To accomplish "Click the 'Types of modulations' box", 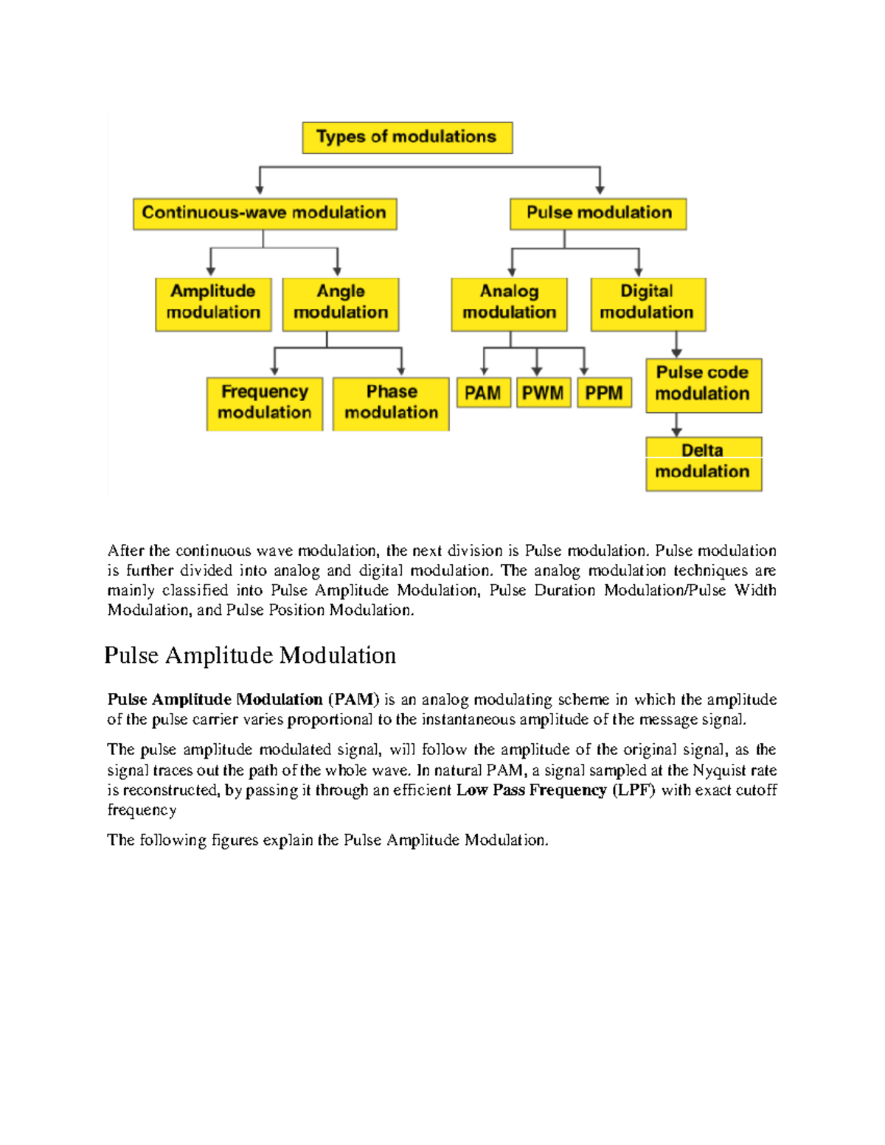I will [407, 138].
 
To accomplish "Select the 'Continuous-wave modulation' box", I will [265, 214].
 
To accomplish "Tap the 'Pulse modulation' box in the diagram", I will [598, 214].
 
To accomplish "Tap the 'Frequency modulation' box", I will [265, 403].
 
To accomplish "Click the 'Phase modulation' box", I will [391, 403].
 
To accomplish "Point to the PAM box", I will [483, 393].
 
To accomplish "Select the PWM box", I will [543, 393].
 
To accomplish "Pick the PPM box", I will [604, 393].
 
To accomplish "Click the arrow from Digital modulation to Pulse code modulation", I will [676, 344].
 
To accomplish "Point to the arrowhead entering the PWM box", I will [537, 371].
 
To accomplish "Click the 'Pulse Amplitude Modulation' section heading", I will [250, 655].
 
